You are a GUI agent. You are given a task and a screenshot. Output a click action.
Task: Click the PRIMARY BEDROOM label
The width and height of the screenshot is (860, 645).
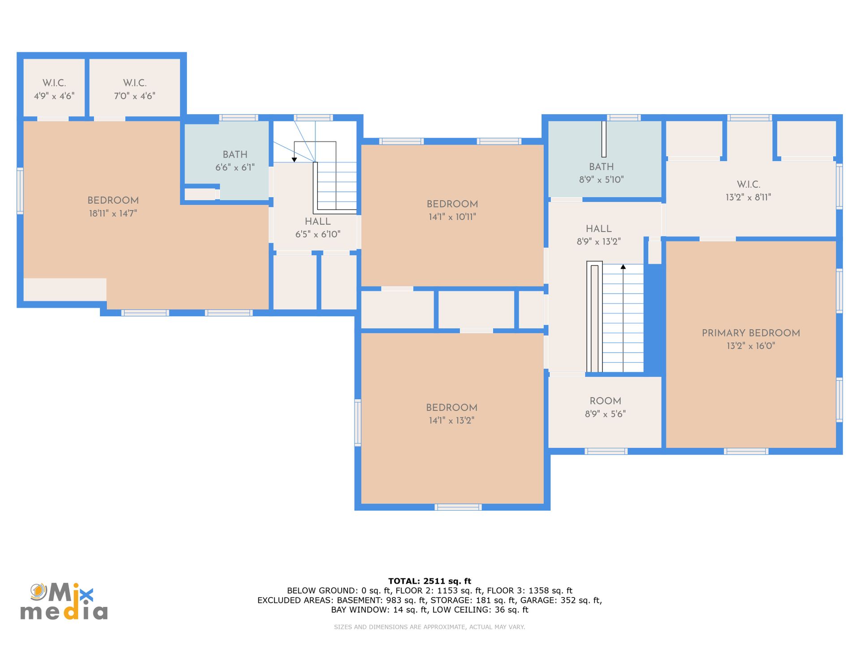[x=751, y=333]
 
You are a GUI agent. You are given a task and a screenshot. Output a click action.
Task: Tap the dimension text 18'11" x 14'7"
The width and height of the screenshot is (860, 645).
[x=113, y=213]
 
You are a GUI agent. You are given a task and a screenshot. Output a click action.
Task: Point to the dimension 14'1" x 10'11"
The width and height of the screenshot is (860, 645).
[x=452, y=217]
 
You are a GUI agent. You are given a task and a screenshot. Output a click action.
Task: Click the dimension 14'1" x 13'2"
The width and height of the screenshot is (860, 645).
[x=451, y=420]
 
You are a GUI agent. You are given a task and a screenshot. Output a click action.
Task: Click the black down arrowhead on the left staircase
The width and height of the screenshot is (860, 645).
[x=294, y=159]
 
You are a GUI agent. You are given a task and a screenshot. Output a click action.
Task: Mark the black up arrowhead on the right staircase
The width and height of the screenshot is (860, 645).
[x=623, y=267]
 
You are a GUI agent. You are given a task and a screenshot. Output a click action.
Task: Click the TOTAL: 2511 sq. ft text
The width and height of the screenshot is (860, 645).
[x=430, y=581]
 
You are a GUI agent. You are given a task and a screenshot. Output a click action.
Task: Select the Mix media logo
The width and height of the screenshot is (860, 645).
[x=64, y=601]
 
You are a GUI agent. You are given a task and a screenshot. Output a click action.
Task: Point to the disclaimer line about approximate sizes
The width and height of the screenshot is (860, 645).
[x=430, y=627]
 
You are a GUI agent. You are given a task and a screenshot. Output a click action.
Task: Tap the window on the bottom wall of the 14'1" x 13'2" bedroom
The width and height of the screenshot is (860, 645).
[x=458, y=507]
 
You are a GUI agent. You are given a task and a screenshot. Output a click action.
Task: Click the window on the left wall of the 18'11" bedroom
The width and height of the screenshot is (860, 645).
[x=20, y=190]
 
